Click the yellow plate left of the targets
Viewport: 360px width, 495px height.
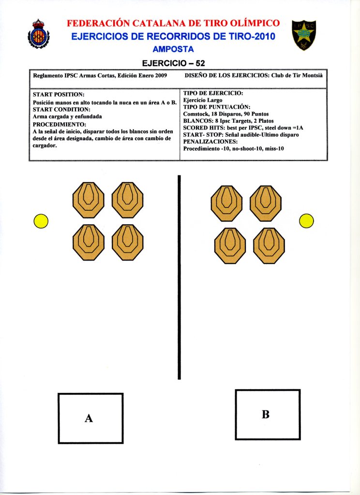tap(41, 221)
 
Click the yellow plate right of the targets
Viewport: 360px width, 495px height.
tap(307, 220)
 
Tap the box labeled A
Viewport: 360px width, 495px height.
tap(90, 418)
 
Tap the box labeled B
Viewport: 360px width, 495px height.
tap(265, 414)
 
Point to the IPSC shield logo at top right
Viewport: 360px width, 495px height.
tap(304, 35)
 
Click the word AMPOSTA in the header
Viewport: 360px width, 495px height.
tap(173, 49)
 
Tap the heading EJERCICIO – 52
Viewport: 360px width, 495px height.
tap(173, 63)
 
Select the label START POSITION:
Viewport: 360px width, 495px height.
tap(59, 95)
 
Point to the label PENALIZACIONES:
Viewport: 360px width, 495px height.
tap(210, 142)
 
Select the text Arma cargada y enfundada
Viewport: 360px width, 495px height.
tap(67, 116)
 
